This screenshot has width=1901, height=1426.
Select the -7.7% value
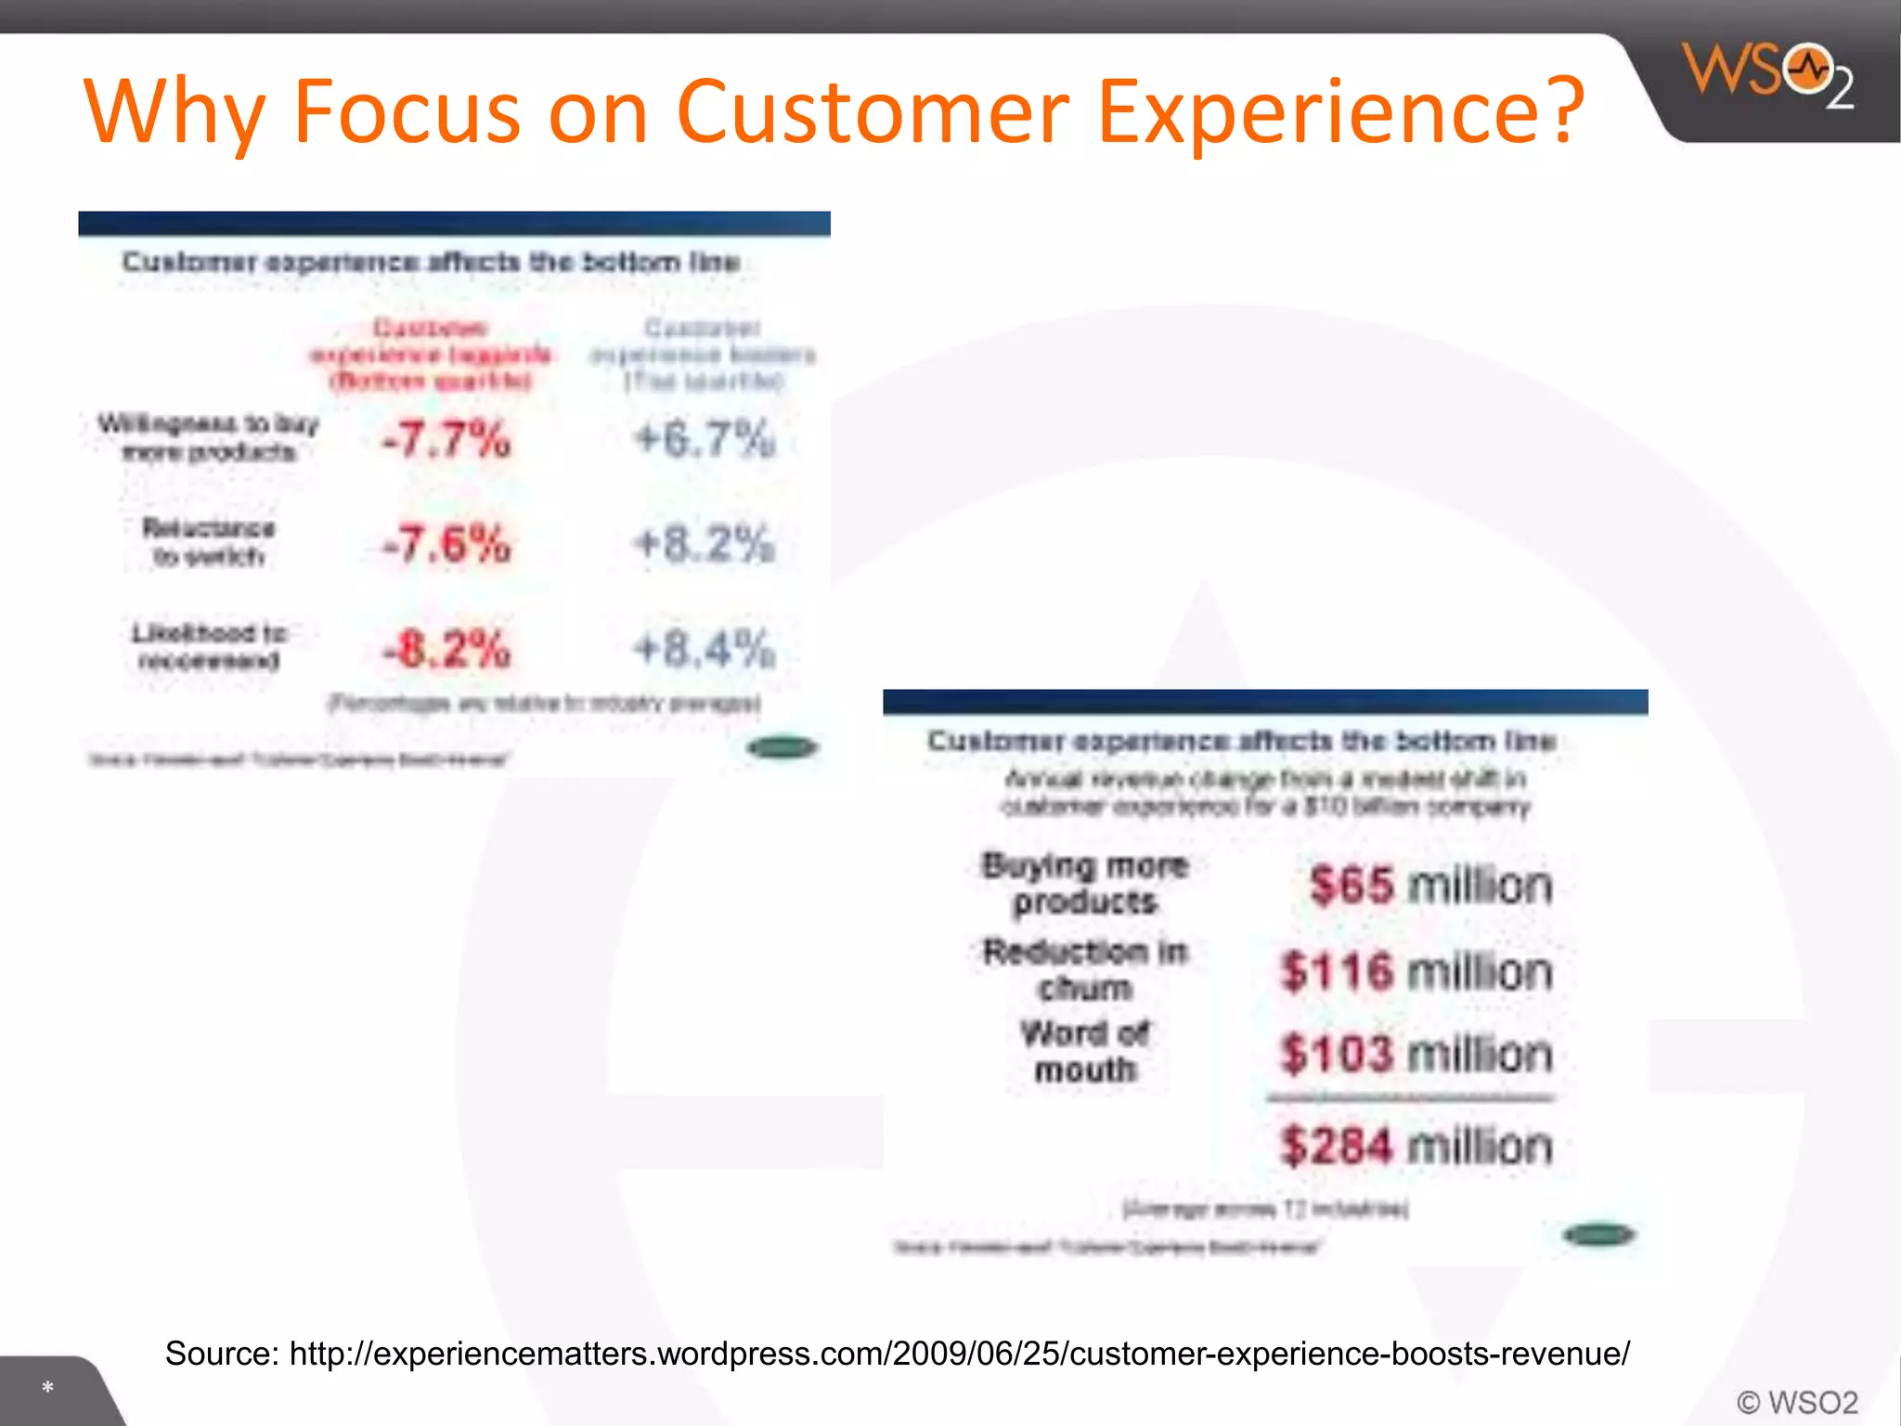[x=446, y=439]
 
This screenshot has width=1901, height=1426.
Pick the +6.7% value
[x=705, y=439]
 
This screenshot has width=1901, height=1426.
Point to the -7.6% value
[x=446, y=544]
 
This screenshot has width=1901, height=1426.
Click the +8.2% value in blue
[x=705, y=544]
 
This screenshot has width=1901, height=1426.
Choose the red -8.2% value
[x=446, y=649]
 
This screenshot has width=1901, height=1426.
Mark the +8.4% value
[x=705, y=649]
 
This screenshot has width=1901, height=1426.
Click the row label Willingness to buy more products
[x=209, y=437]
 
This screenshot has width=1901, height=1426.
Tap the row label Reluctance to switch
[x=209, y=542]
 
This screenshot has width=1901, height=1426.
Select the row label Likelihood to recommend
[x=209, y=646]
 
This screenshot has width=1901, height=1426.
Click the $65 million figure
[x=1430, y=885]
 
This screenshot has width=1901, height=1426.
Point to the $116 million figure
[x=1416, y=972]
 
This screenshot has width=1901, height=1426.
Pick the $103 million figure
[x=1416, y=1055]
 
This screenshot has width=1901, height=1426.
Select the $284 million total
[x=1416, y=1146]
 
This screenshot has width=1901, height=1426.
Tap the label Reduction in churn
[x=1085, y=969]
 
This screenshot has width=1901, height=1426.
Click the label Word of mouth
[x=1085, y=1052]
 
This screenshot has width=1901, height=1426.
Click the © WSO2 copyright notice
[x=1797, y=1402]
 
